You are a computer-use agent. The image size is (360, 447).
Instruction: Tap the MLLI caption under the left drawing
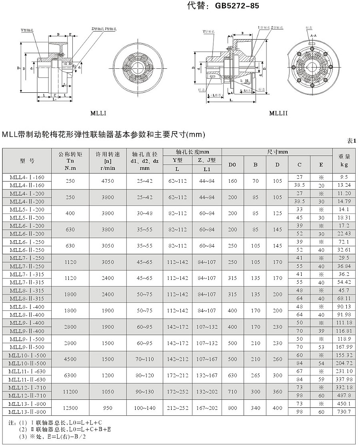tap(98, 113)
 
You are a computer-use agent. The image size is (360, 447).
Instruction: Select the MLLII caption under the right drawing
tap(278, 113)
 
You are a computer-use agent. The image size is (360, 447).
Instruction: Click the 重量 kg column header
tap(344, 160)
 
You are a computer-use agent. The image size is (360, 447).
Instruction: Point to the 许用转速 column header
tap(107, 161)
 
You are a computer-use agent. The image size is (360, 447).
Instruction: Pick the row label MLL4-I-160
tap(27, 177)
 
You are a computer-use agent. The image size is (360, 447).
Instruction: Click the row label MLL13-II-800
tap(27, 412)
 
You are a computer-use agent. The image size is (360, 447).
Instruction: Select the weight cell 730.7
tap(344, 412)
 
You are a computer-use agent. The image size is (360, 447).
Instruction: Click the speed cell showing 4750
tap(107, 181)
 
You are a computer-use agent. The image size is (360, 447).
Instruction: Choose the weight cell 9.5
tap(344, 177)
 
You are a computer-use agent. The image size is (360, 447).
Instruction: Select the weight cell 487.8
tap(344, 395)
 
